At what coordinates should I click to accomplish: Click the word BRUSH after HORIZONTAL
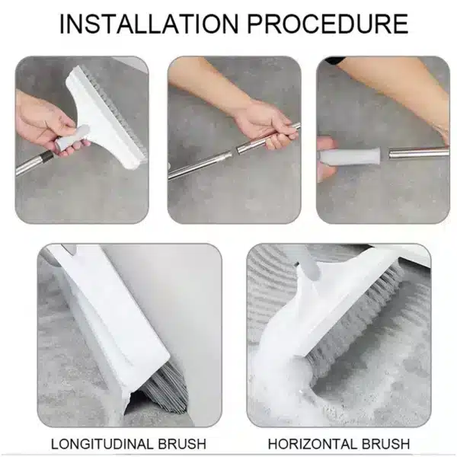point(384,443)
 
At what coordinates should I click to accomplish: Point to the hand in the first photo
point(42,122)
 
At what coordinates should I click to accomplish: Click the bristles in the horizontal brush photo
point(358,320)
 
